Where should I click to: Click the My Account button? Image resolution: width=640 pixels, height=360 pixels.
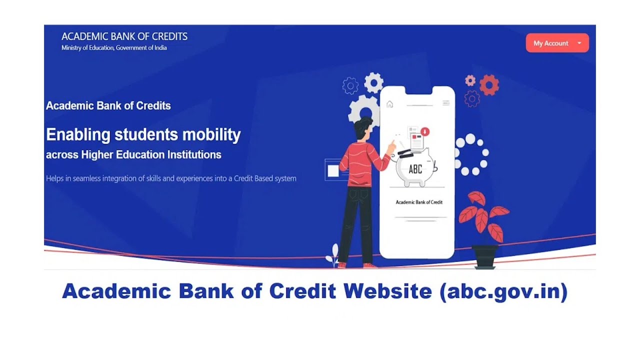click(557, 43)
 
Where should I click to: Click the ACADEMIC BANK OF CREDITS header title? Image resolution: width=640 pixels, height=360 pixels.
click(124, 36)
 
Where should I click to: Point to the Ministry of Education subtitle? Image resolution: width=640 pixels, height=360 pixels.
click(114, 48)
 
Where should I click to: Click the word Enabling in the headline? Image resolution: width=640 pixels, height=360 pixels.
click(77, 134)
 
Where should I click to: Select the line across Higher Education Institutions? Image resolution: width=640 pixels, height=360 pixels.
click(133, 154)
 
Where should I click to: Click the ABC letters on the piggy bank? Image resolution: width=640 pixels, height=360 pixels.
click(415, 169)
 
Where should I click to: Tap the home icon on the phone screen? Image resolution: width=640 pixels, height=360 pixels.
click(390, 104)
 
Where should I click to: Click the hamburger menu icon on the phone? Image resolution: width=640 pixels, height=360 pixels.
click(446, 103)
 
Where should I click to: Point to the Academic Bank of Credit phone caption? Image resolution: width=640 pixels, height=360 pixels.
click(419, 202)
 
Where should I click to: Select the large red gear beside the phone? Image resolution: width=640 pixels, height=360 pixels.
click(489, 85)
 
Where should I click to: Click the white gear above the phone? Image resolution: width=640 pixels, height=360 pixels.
click(373, 82)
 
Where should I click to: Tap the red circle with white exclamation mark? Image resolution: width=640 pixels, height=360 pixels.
click(425, 132)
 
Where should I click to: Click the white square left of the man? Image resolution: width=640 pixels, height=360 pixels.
click(333, 171)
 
